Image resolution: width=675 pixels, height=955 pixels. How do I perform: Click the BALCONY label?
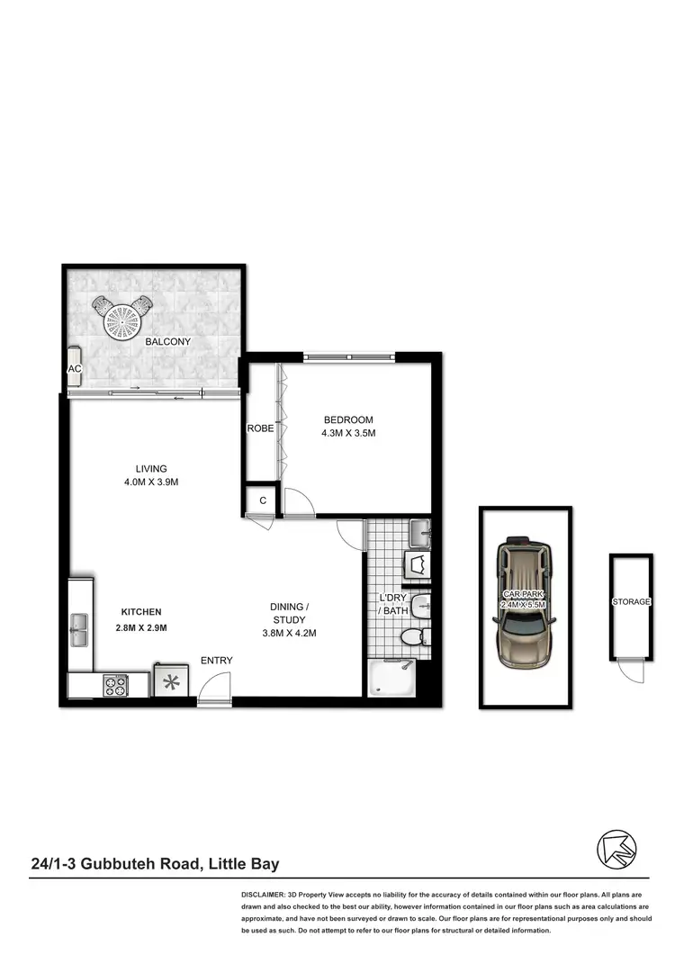click(x=167, y=342)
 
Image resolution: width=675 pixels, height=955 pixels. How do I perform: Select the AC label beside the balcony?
click(x=75, y=369)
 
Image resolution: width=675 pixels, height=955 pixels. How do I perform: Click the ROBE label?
click(x=260, y=428)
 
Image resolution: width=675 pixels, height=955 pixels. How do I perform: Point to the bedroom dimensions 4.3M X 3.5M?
click(x=347, y=433)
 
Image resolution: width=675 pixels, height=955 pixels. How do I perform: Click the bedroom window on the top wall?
click(x=348, y=357)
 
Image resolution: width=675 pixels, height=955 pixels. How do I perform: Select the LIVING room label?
click(x=151, y=468)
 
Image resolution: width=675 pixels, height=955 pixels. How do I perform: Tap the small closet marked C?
click(x=262, y=500)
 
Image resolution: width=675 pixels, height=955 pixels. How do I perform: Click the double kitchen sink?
click(x=79, y=629)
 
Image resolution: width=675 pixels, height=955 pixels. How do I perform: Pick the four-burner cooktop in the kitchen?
click(x=115, y=685)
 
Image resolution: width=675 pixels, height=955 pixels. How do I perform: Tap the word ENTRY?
click(x=216, y=661)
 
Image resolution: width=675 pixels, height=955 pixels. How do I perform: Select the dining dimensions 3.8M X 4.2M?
click(x=289, y=633)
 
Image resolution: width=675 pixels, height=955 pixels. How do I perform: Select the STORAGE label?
click(x=631, y=601)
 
